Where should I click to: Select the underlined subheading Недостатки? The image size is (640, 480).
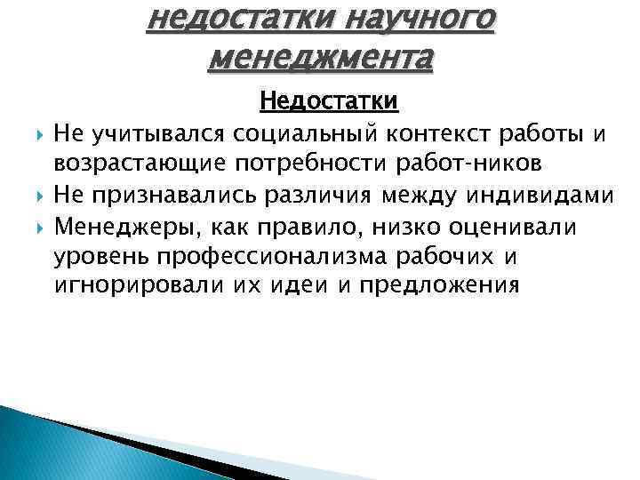pos(329,103)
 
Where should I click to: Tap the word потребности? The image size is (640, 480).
pos(295,164)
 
